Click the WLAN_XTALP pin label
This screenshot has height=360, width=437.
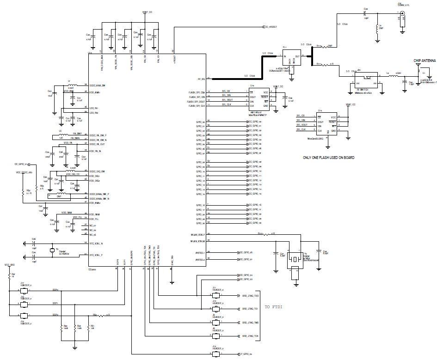click(x=197, y=234)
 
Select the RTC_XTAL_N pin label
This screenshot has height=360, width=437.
click(x=97, y=243)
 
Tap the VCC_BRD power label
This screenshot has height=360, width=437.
click(x=10, y=265)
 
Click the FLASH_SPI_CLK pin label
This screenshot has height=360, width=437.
click(x=197, y=105)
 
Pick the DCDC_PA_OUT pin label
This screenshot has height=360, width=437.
click(x=98, y=144)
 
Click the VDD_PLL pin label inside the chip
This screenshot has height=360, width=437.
click(x=94, y=219)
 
